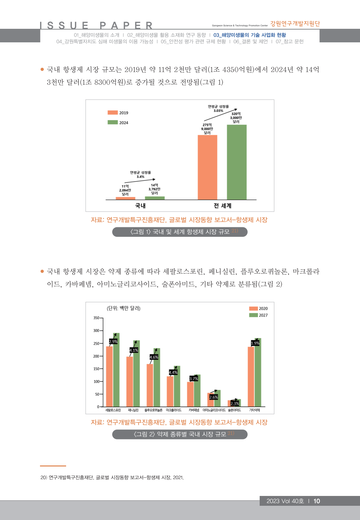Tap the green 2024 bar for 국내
pyautogui.click(x=155, y=198)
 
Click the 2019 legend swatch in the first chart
pyautogui.click(x=113, y=113)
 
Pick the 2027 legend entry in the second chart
pyautogui.click(x=258, y=315)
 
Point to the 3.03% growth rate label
pyautogui.click(x=218, y=111)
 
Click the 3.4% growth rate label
pyautogui.click(x=140, y=176)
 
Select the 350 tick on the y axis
pyautogui.click(x=96, y=318)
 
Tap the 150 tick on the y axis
pyautogui.click(x=96, y=369)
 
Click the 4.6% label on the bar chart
pyautogui.click(x=154, y=357)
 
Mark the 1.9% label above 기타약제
pyautogui.click(x=255, y=343)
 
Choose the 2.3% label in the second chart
pyautogui.click(x=235, y=403)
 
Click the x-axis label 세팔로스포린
pyautogui.click(x=113, y=410)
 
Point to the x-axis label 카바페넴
pyautogui.click(x=194, y=410)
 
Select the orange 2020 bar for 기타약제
pyautogui.click(x=251, y=376)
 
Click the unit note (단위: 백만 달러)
pyautogui.click(x=123, y=308)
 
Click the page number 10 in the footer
pyautogui.click(x=317, y=501)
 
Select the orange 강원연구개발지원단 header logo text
pyautogui.click(x=295, y=24)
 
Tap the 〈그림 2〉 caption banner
pyautogui.click(x=180, y=434)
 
